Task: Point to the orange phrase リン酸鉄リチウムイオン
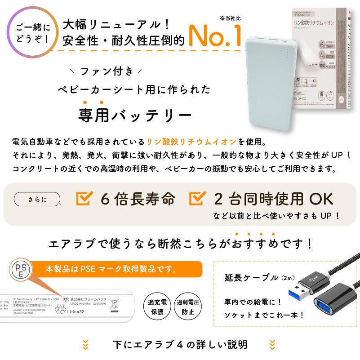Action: coord(191,142)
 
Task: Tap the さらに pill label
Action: coord(37,199)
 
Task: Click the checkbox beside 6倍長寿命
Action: coord(84,198)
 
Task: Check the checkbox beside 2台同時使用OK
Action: coord(198,198)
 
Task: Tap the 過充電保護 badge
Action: coord(157,307)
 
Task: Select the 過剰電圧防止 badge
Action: coord(187,307)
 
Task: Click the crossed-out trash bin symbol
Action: coord(115,305)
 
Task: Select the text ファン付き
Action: coord(107,71)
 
